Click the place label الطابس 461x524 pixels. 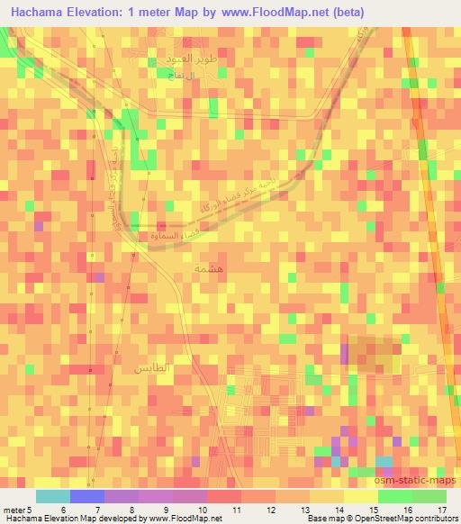pos(151,370)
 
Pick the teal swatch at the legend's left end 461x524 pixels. pos(53,496)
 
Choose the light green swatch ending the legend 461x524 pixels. pos(429,496)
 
